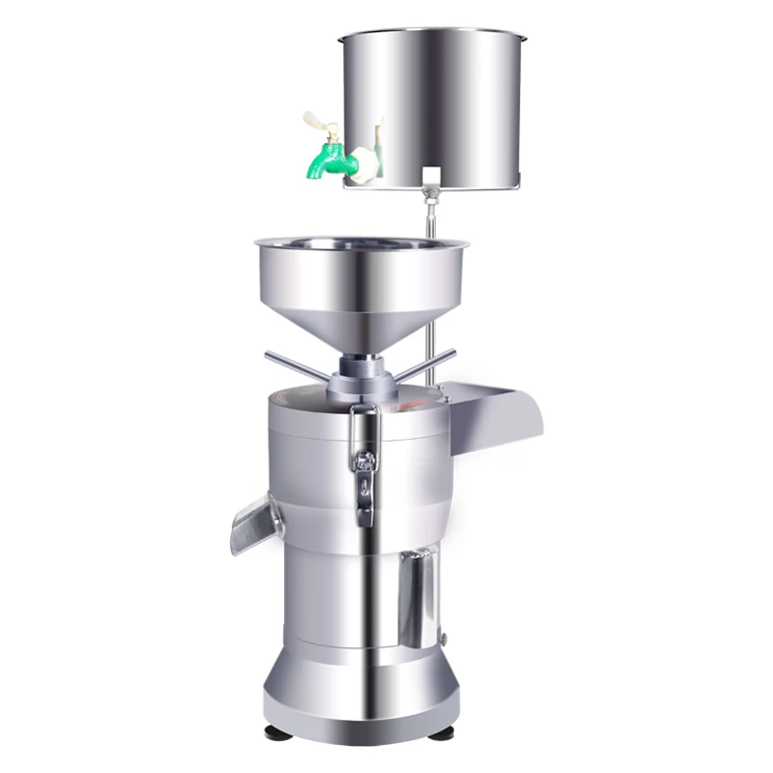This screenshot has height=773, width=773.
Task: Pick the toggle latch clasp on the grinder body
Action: point(364,464)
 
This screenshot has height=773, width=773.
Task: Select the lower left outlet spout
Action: point(254,523)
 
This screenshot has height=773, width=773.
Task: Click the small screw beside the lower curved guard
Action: point(444,637)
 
